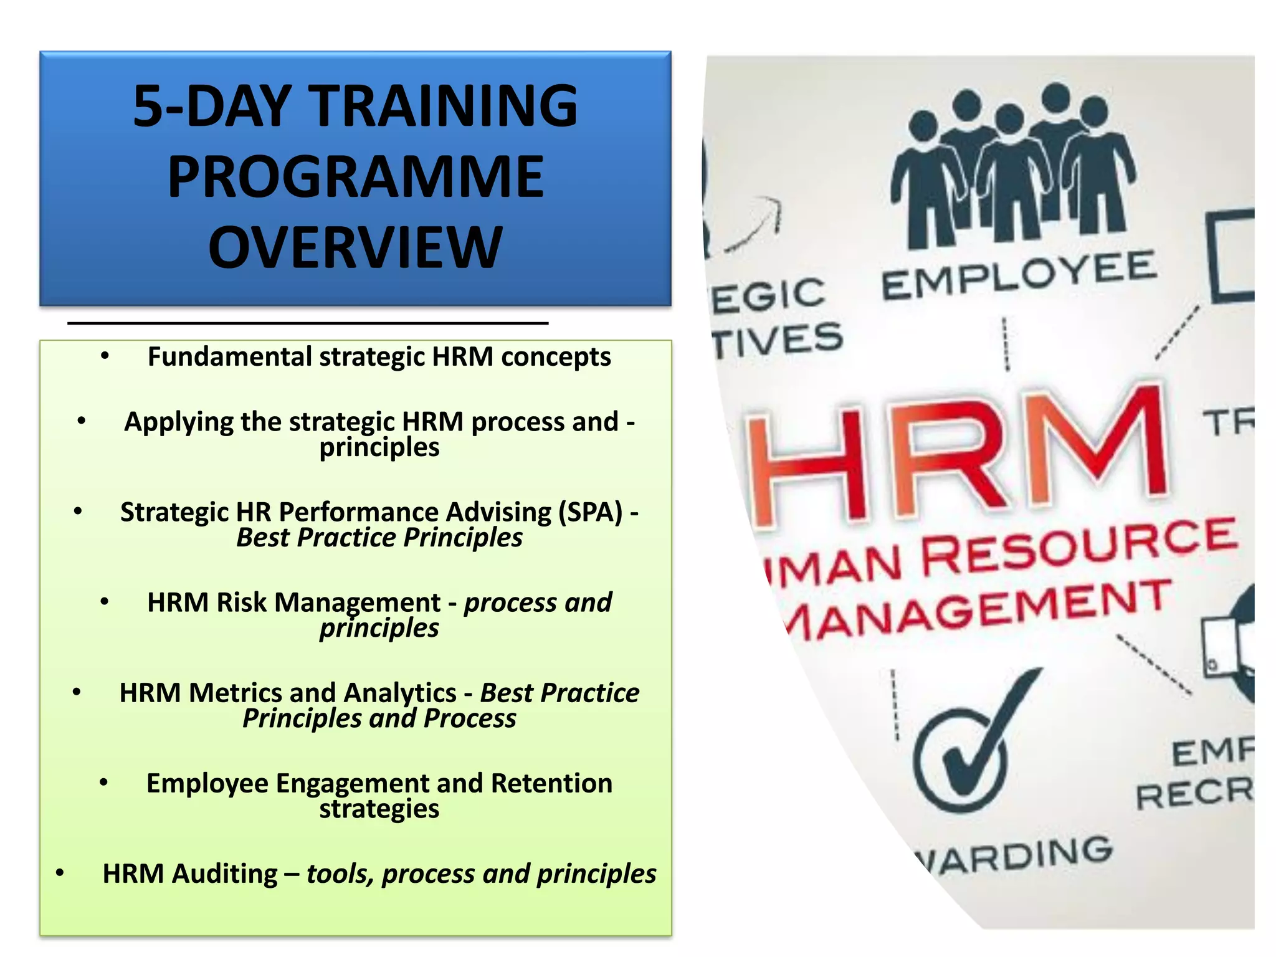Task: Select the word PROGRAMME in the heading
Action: pyautogui.click(x=356, y=177)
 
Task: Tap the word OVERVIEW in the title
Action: pyautogui.click(x=355, y=248)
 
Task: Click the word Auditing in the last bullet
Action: pyautogui.click(x=225, y=874)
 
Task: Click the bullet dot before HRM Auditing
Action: pyautogui.click(x=60, y=873)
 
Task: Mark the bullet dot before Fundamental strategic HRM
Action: pyautogui.click(x=105, y=356)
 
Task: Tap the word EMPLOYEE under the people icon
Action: pyautogui.click(x=1019, y=276)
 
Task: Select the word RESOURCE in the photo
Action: pyautogui.click(x=1078, y=548)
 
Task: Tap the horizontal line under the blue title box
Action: pyautogui.click(x=308, y=323)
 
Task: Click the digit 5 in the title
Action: pyautogui.click(x=148, y=106)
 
